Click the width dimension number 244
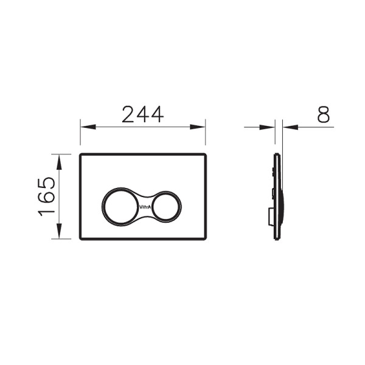(142, 114)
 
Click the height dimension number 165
(47, 196)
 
